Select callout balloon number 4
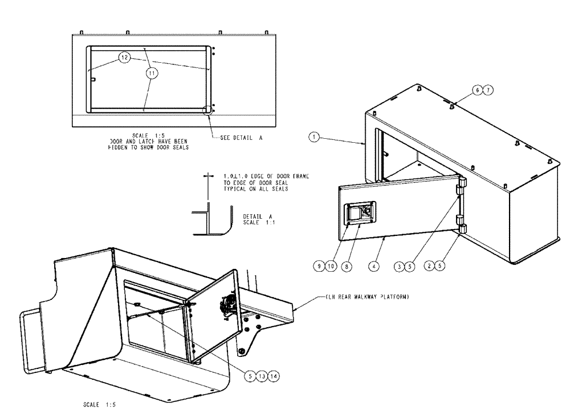(x=373, y=266)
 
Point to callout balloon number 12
(x=125, y=58)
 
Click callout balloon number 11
(x=151, y=73)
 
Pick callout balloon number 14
(x=274, y=375)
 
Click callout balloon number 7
(x=490, y=90)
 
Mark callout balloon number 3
(x=401, y=266)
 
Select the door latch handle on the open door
(x=360, y=214)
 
